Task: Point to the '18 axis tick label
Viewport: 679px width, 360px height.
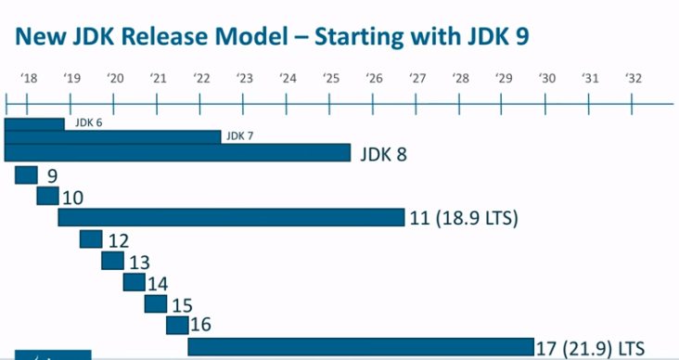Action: (x=29, y=78)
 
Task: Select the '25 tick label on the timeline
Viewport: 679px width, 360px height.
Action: (x=331, y=78)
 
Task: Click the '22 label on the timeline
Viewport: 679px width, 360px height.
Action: (x=201, y=78)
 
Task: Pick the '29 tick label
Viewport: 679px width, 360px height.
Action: (x=504, y=78)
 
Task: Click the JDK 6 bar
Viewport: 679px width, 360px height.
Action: (x=34, y=123)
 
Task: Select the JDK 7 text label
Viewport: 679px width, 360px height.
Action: (x=240, y=136)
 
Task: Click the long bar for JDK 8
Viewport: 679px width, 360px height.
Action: (x=177, y=153)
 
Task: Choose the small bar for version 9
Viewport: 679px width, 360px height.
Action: (x=26, y=175)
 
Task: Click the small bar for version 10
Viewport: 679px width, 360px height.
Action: (x=47, y=196)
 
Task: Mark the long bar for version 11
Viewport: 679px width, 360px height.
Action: (x=231, y=217)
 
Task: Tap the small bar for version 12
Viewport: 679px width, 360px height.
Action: (x=91, y=239)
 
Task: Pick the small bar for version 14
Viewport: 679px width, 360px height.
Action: (x=134, y=282)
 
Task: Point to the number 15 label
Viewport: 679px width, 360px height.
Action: (x=182, y=304)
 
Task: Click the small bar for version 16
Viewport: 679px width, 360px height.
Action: (x=177, y=325)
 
